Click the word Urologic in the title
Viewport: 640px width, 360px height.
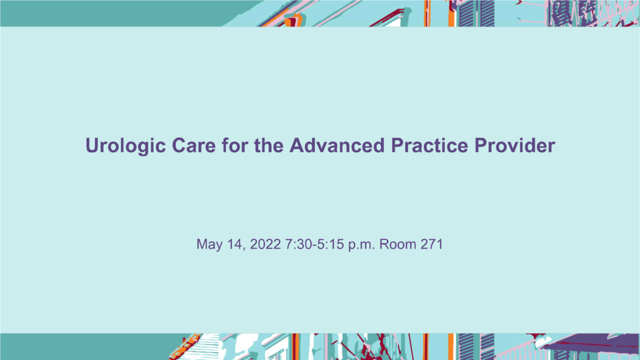pos(125,146)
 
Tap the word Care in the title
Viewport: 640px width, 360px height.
pos(193,145)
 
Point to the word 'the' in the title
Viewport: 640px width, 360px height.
pos(268,145)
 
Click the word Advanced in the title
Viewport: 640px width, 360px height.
pos(337,145)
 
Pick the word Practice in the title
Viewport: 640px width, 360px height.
pos(429,145)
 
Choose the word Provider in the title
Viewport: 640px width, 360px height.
pos(515,145)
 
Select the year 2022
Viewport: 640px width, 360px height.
pos(265,244)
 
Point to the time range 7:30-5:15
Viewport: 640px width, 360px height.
pos(314,244)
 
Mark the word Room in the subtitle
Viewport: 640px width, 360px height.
pos(397,244)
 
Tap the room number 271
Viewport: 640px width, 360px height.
pos(431,244)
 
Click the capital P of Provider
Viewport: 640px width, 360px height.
pos(481,145)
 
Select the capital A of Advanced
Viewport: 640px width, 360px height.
pos(297,145)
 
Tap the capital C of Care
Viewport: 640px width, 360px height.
pos(179,145)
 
